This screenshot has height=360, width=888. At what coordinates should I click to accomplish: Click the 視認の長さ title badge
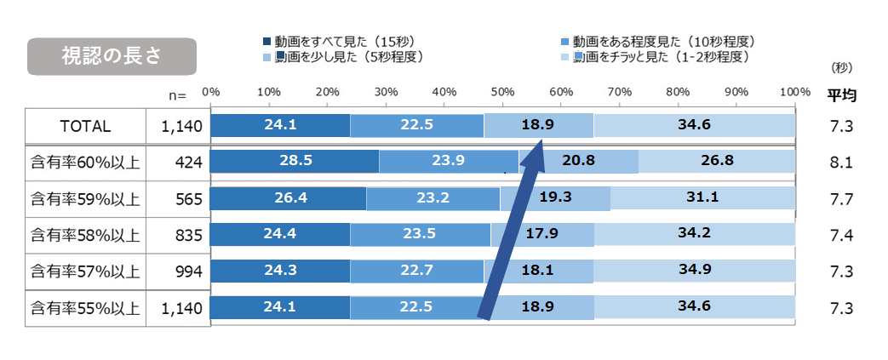(112, 56)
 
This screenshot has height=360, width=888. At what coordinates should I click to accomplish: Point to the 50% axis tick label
(502, 91)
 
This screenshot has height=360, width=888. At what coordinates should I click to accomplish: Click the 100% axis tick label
(793, 91)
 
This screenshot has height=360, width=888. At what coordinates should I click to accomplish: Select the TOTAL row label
(85, 126)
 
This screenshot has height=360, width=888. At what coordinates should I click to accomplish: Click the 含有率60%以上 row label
(85, 162)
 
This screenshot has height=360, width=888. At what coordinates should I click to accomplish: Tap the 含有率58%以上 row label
(85, 234)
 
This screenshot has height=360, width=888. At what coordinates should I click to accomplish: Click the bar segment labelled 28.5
(295, 161)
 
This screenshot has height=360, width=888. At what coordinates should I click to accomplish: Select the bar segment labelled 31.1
(702, 197)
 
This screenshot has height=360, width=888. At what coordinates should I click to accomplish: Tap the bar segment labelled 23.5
(420, 234)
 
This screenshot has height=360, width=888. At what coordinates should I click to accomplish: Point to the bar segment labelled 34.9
(694, 271)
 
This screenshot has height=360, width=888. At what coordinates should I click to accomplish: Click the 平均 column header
(841, 95)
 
